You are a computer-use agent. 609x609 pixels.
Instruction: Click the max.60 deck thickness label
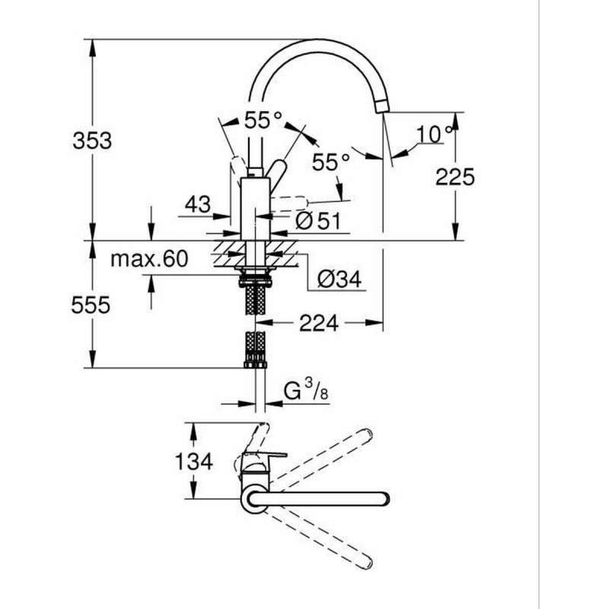[149, 260]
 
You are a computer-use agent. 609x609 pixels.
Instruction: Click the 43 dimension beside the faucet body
[197, 204]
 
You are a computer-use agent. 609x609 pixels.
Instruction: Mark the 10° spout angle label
[434, 135]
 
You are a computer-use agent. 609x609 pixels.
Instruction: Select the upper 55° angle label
[263, 119]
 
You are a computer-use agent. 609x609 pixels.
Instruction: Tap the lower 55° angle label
[331, 161]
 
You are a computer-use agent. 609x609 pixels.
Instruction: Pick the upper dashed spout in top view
[327, 457]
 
